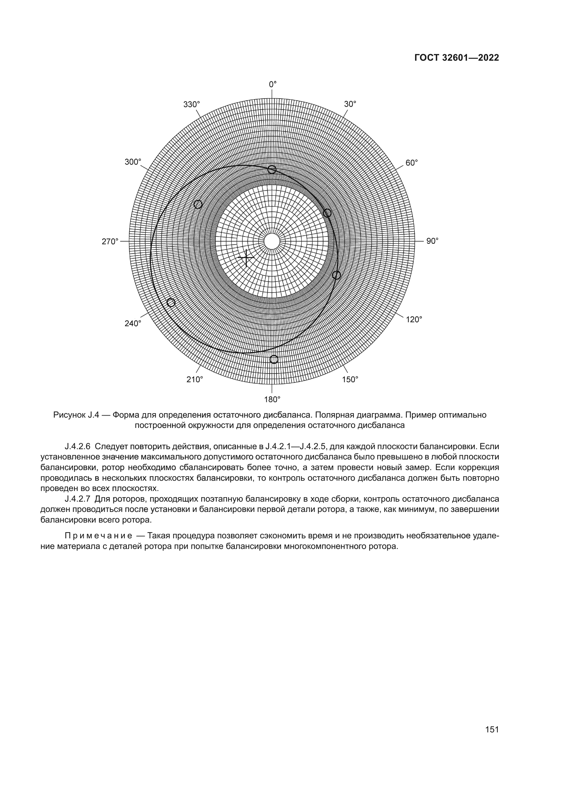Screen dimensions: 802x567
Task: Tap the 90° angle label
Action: pyautogui.click(x=432, y=241)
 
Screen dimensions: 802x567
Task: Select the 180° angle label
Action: pyautogui.click(x=272, y=399)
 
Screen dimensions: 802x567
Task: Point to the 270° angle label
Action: pyautogui.click(x=110, y=241)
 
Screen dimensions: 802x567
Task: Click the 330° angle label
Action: pyautogui.click(x=192, y=104)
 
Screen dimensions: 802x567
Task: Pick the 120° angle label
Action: pyautogui.click(x=414, y=319)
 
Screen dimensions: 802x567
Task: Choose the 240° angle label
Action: pyautogui.click(x=133, y=323)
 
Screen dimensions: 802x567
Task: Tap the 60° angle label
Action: pyautogui.click(x=412, y=163)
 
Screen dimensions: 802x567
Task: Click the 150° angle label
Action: pyautogui.click(x=350, y=380)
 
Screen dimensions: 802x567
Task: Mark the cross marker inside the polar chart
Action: pyautogui.click(x=246, y=258)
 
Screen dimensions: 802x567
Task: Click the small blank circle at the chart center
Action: pyautogui.click(x=272, y=241)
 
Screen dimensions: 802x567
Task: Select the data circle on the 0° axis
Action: pyautogui.click(x=272, y=170)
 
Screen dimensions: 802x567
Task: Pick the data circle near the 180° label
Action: pyautogui.click(x=274, y=359)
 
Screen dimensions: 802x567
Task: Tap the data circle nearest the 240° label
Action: pyautogui.click(x=171, y=302)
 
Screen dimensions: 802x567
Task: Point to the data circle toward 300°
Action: pyautogui.click(x=198, y=204)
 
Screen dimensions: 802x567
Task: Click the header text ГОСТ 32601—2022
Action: pyautogui.click(x=457, y=58)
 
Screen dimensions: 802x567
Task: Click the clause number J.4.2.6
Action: pyautogui.click(x=77, y=446)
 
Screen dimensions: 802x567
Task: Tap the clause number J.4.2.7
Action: pyautogui.click(x=77, y=499)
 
